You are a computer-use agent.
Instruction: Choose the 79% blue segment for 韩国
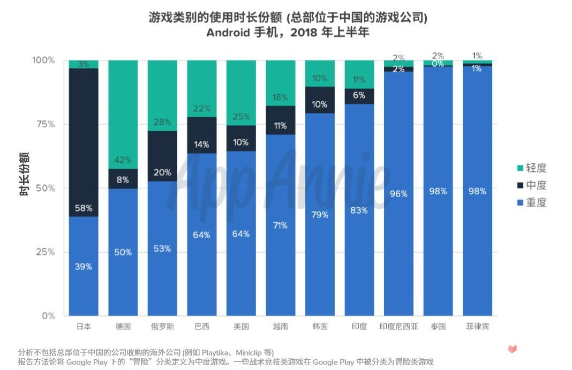[x=320, y=214]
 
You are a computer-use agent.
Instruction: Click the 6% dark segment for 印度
[x=359, y=96]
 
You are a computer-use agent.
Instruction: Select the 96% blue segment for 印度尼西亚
[x=398, y=193]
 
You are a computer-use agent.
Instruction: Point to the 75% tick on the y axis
[x=45, y=124]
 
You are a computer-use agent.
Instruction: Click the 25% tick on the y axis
[x=45, y=252]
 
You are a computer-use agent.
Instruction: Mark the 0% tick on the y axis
[x=48, y=316]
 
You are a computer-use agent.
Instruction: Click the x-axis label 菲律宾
[x=477, y=326]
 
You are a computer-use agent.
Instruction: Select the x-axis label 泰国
[x=438, y=326]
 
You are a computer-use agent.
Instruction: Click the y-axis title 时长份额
[x=24, y=174]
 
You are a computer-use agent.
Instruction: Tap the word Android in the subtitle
[x=228, y=32]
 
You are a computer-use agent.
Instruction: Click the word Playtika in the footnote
[x=217, y=352]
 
